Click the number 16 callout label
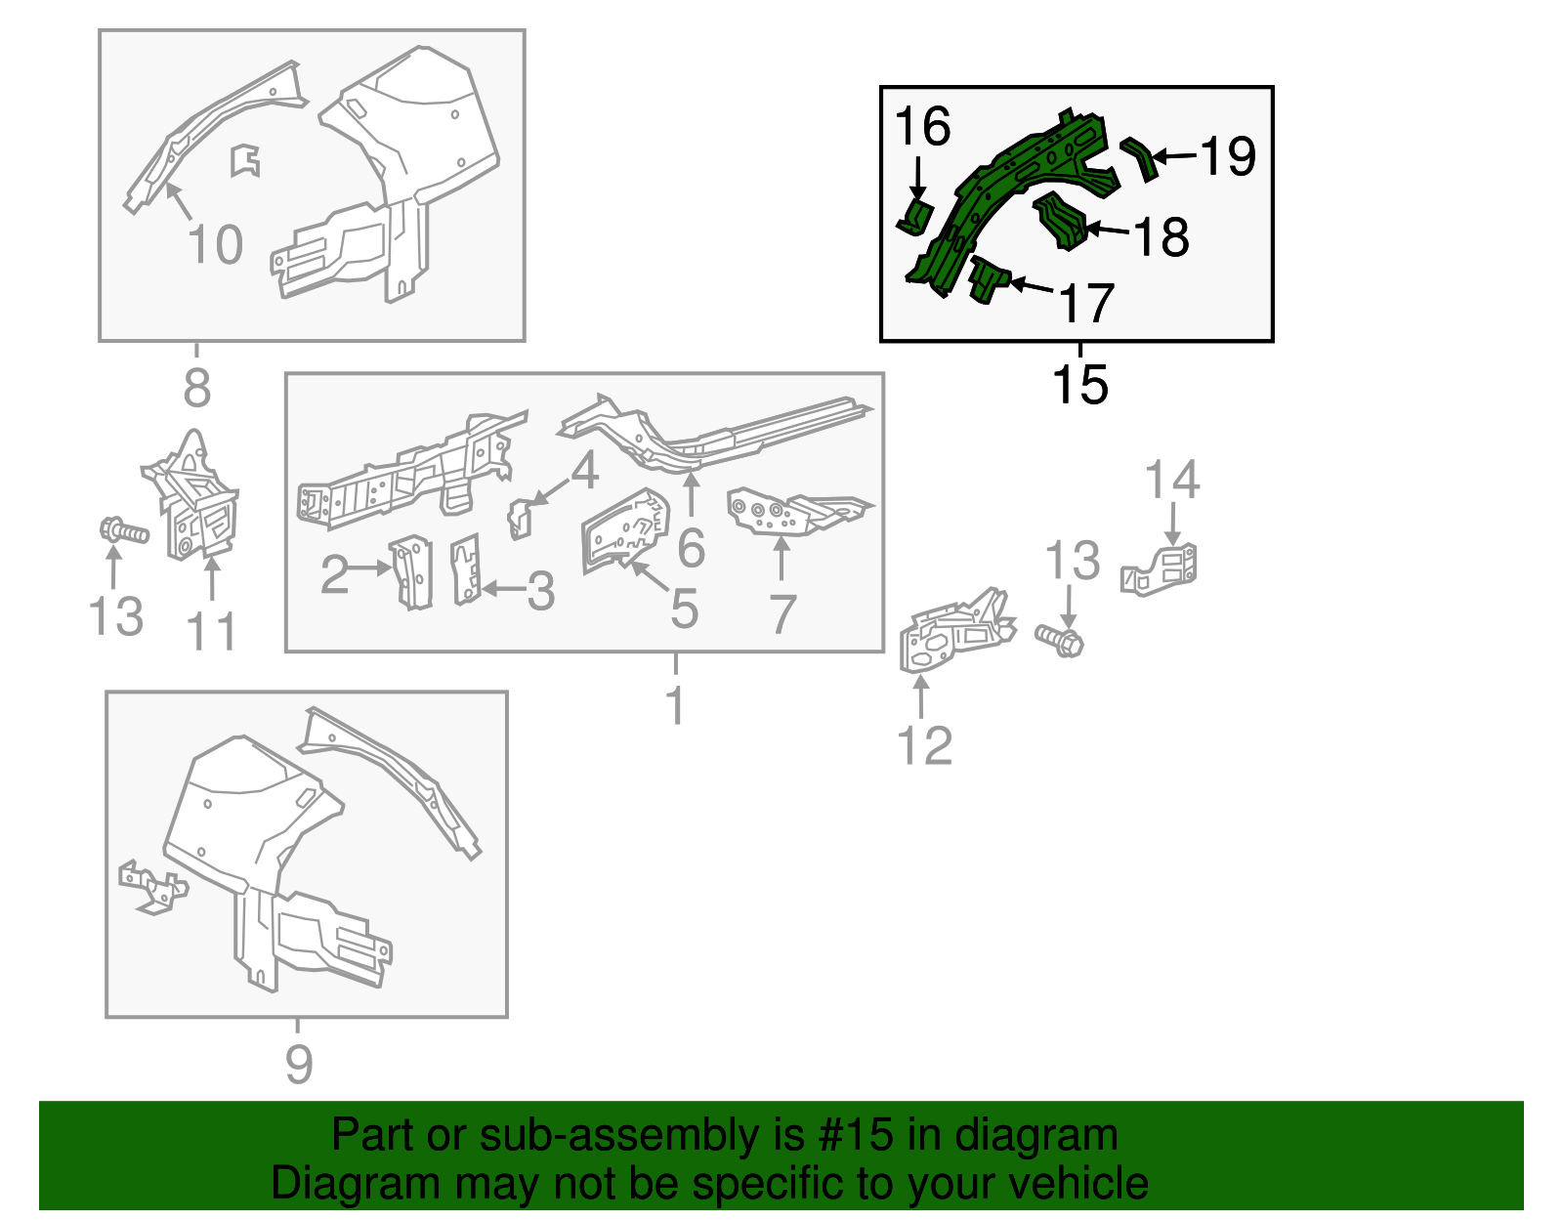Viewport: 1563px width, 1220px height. click(x=922, y=126)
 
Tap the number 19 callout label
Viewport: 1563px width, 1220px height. click(x=1229, y=155)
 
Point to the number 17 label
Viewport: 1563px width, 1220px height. click(x=1087, y=303)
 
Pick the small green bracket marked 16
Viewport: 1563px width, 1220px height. click(x=915, y=217)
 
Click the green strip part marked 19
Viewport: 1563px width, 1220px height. click(x=1140, y=157)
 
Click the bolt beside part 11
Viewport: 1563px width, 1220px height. click(x=124, y=532)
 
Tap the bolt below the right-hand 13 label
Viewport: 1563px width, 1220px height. click(x=1060, y=640)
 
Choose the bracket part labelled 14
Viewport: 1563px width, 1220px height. click(x=1158, y=569)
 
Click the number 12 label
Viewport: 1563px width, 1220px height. click(x=924, y=745)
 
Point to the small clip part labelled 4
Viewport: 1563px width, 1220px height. click(x=520, y=519)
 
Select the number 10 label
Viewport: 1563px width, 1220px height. click(x=214, y=244)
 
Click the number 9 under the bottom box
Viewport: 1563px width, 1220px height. click(x=299, y=1064)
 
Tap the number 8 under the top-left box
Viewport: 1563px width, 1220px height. click(x=197, y=387)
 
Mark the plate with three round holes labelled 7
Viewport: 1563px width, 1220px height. click(x=800, y=511)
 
